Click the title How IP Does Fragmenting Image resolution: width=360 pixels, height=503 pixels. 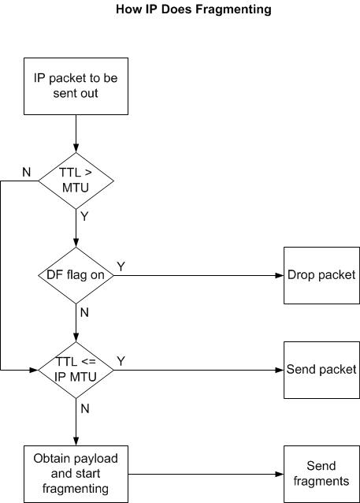coord(194,9)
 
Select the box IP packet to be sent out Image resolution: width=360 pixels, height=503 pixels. coord(76,86)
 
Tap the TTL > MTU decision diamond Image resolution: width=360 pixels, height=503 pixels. coord(76,181)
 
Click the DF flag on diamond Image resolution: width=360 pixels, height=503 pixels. coord(76,275)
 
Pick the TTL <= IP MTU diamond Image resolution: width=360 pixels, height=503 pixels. coord(76,370)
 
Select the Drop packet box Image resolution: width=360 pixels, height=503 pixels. coord(321,275)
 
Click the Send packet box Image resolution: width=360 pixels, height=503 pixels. coord(321,370)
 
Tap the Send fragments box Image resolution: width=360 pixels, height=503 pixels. coord(321,474)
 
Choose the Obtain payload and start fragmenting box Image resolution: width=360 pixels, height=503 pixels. coord(76,474)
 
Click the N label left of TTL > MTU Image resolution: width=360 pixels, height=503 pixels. coord(27,172)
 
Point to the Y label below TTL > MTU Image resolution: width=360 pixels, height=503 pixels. coord(84,217)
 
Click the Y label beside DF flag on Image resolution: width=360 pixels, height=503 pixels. coord(121,266)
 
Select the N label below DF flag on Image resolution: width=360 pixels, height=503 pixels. coord(84,312)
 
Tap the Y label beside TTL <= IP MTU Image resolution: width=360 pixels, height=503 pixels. coord(121,361)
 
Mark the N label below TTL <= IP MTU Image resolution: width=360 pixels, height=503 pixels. coord(84,408)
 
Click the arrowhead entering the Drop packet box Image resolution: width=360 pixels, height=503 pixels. coord(280,275)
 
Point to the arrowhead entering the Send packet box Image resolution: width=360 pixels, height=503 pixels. coord(280,370)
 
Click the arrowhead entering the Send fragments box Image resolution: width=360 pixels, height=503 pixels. coord(280,474)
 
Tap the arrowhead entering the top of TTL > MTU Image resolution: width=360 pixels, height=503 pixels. coord(76,148)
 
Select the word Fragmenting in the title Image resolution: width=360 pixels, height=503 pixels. coord(233,9)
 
